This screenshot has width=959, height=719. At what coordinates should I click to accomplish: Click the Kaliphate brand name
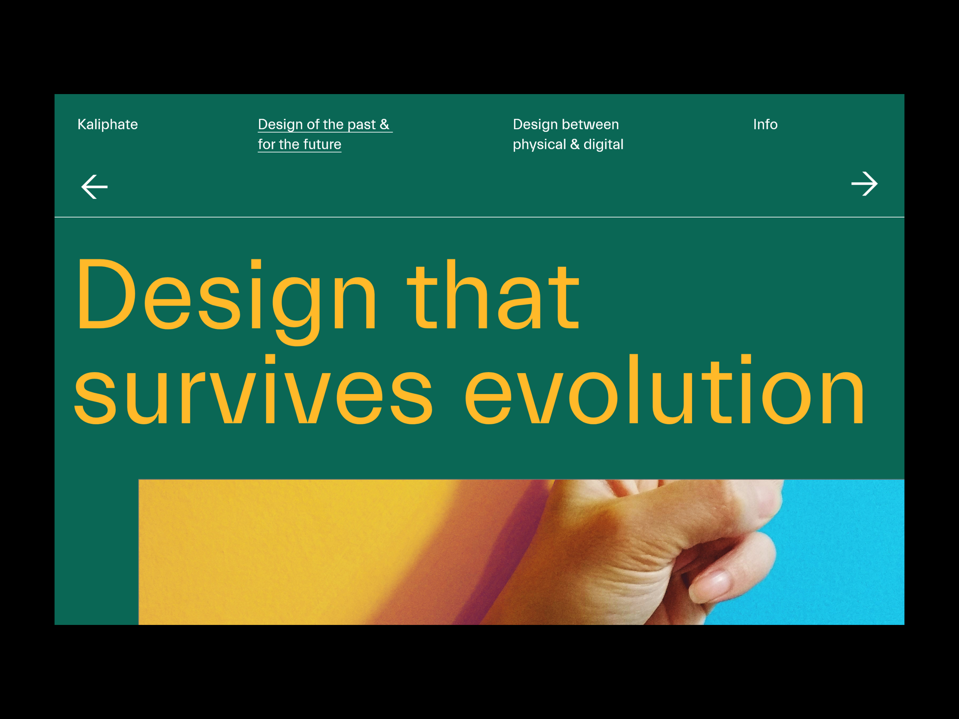[108, 124]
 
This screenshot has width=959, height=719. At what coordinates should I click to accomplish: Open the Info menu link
[765, 124]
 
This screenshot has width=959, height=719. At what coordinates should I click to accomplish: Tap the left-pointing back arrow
[94, 187]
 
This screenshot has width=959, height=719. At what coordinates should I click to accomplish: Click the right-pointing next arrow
[865, 184]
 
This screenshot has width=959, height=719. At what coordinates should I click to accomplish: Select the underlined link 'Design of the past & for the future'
[325, 134]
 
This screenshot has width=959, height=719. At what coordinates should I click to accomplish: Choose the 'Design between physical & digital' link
[568, 134]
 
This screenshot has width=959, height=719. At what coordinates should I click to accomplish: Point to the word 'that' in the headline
[493, 295]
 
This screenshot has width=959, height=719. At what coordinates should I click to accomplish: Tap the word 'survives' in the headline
[253, 389]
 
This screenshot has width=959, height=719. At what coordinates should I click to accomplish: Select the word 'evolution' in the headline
[665, 389]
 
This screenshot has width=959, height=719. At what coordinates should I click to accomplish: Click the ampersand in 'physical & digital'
[575, 144]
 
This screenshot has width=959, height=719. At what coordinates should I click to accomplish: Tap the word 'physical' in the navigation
[539, 145]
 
